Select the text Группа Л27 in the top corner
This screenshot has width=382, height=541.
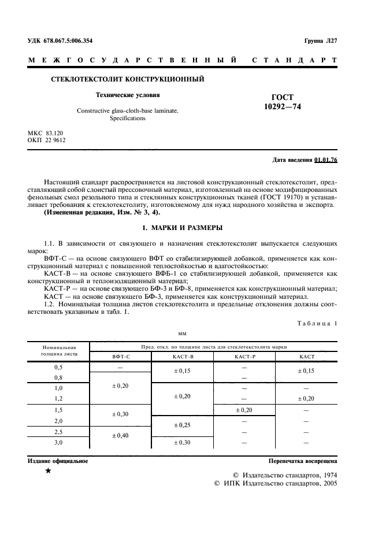(x=320, y=40)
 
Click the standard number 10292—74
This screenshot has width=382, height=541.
(x=282, y=107)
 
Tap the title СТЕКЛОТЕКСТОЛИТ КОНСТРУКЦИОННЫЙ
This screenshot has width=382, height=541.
(x=128, y=79)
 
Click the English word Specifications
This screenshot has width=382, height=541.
(x=127, y=118)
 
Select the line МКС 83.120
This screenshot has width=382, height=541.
(x=46, y=133)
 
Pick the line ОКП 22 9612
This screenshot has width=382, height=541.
(x=47, y=140)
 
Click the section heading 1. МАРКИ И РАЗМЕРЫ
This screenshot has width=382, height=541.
(x=191, y=228)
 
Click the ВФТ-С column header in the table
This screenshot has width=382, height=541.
(x=121, y=357)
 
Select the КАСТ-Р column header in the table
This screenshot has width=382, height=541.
(x=244, y=357)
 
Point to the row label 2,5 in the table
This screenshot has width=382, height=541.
(x=58, y=432)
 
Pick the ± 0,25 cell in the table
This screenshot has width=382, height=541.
(x=183, y=426)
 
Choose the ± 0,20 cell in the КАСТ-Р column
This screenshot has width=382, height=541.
(x=244, y=410)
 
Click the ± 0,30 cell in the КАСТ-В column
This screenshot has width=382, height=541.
(x=183, y=443)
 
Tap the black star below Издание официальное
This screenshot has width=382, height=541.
(x=48, y=472)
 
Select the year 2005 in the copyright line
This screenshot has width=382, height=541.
(x=328, y=483)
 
